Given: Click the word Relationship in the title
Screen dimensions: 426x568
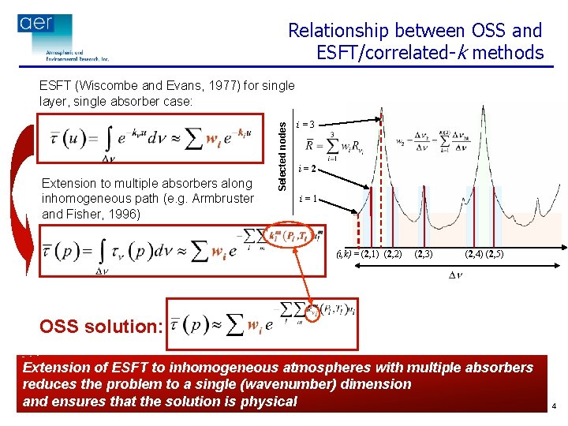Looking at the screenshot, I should click(x=338, y=31).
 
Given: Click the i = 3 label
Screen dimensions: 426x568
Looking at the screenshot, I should click(x=306, y=124).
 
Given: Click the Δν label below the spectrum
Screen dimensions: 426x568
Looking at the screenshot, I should click(x=456, y=275).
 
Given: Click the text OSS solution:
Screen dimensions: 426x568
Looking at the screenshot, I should click(x=101, y=326).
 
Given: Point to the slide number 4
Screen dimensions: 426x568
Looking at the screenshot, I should click(x=555, y=407).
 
